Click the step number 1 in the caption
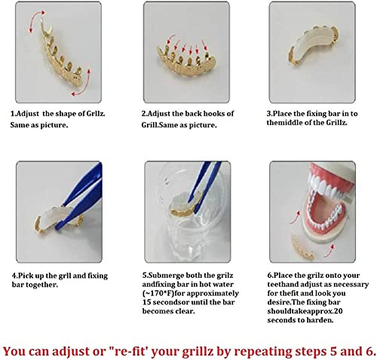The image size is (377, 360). coord(13,114)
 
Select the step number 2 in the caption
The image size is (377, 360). coord(144,114)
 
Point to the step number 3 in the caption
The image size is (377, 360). coord(269,114)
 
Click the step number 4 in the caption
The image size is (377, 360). coord(13,275)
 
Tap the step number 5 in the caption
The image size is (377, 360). coord(144,275)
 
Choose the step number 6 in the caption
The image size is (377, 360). coord(269,275)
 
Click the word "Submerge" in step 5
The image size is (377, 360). coord(167,275)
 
